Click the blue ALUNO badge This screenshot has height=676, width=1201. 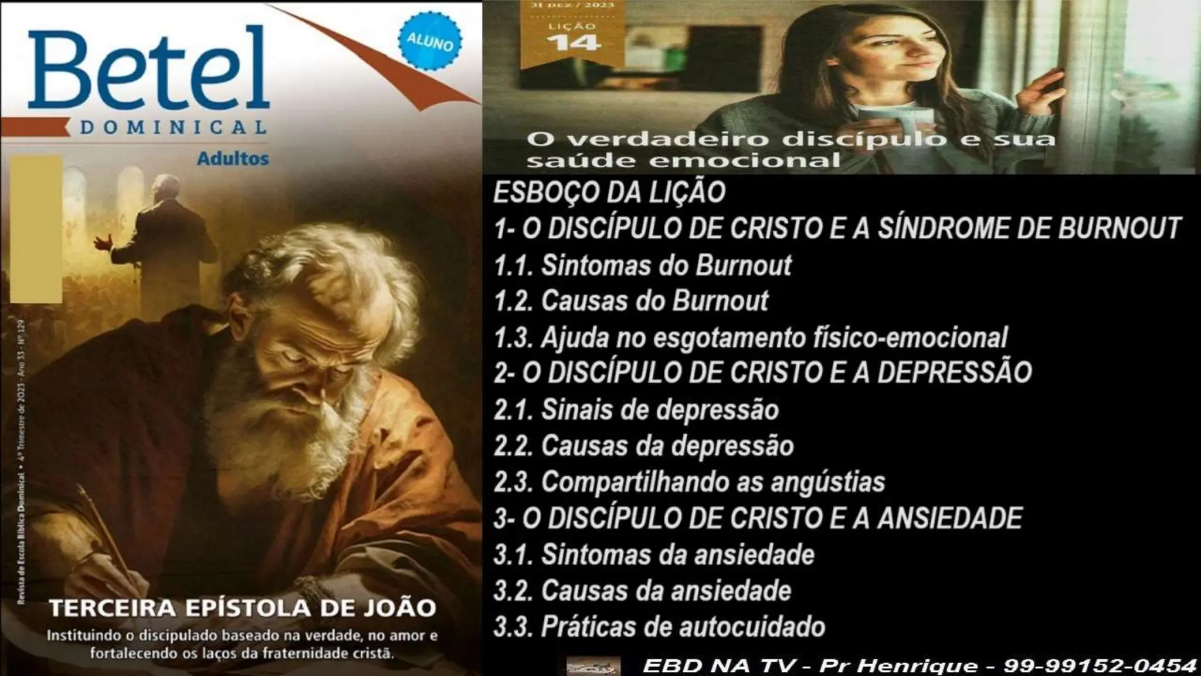pos(430,42)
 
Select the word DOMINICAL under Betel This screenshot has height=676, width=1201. pos(173,127)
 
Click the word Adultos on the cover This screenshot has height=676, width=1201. pos(233,158)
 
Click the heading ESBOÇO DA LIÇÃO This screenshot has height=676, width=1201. pos(609,193)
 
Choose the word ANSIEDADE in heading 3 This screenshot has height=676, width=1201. pos(949,518)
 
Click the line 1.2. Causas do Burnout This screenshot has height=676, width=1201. pos(631,301)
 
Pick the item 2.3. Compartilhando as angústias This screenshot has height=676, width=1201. pos(689,482)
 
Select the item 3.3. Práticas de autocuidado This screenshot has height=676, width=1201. pos(659,626)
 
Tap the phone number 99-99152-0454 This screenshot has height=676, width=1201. pos(1100,665)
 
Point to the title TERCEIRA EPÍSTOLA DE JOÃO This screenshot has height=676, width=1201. pos(242,608)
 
